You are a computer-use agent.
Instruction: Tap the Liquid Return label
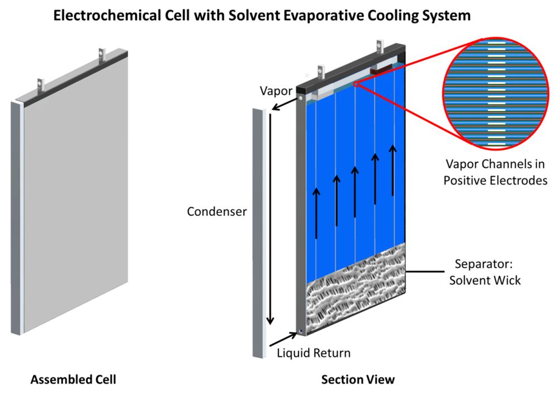point(314,353)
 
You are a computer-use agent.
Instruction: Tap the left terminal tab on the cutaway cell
point(321,72)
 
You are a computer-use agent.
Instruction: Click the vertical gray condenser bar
point(258,232)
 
